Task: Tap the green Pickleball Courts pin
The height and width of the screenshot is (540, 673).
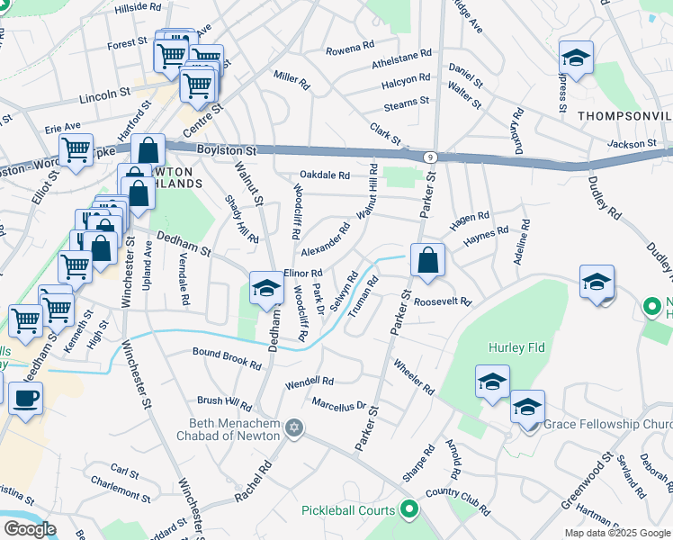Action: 408,510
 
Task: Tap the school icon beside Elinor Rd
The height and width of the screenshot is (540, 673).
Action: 265,290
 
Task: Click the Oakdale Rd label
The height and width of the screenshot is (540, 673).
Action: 324,175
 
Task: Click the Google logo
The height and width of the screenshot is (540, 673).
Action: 31,529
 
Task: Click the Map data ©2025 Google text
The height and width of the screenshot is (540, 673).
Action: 617,533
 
